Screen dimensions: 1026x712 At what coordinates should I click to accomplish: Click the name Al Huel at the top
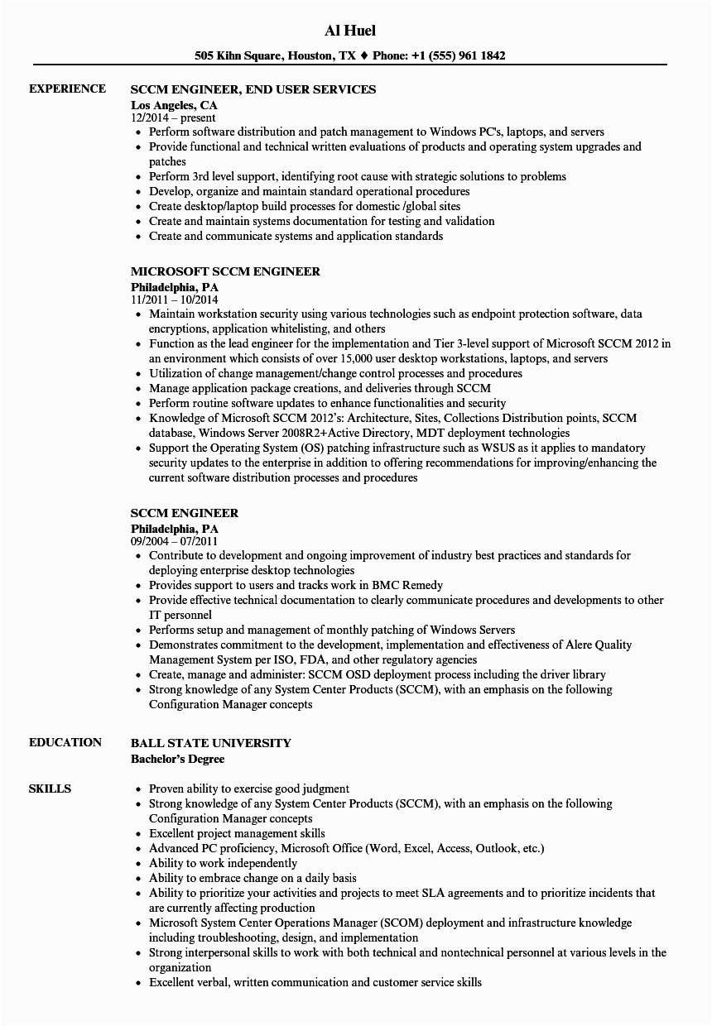[351, 31]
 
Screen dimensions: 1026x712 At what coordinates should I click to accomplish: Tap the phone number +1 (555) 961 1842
[464, 56]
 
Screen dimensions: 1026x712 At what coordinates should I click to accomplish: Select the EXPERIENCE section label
[67, 89]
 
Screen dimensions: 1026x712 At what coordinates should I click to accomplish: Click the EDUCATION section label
[65, 742]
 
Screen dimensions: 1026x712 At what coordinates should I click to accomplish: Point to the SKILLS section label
[50, 789]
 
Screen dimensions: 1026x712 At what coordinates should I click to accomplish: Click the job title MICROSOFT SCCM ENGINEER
[225, 271]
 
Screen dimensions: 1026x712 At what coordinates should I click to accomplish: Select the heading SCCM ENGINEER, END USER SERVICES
[253, 89]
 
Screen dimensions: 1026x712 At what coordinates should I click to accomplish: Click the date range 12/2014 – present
[173, 118]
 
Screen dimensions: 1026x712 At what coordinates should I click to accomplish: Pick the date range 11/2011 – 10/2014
[175, 300]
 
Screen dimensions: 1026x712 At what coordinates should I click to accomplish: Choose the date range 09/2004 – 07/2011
[175, 541]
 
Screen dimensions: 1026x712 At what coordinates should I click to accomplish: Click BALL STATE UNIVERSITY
[211, 743]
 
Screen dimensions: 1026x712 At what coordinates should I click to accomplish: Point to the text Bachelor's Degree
[177, 758]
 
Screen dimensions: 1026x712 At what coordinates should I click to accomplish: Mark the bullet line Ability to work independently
[223, 863]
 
